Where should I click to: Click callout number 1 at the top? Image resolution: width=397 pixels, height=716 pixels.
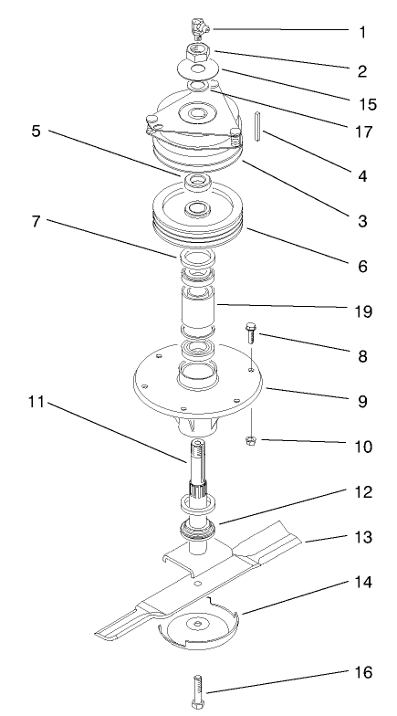(x=362, y=32)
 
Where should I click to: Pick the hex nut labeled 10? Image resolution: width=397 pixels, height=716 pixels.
(x=251, y=442)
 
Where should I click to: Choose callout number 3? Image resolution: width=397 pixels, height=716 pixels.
(x=362, y=221)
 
